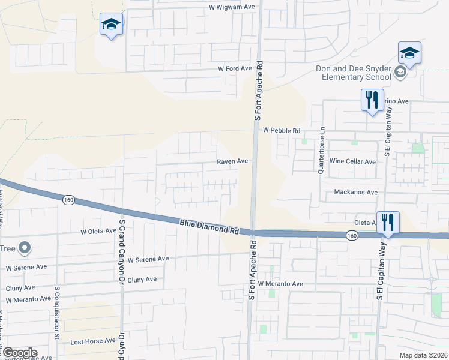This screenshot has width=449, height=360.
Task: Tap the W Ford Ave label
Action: tap(235, 68)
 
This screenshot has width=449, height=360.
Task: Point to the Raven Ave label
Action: tap(232, 161)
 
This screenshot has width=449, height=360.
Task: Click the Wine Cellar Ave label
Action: tap(352, 161)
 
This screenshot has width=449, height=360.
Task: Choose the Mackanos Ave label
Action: tap(356, 192)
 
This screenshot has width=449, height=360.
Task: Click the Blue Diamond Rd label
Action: tap(209, 227)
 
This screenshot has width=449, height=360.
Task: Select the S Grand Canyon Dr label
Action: tap(121, 251)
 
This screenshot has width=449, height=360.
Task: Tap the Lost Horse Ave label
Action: tap(93, 340)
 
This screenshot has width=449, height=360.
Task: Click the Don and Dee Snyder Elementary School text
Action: tap(354, 73)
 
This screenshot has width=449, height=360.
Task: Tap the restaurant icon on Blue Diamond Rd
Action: tap(388, 223)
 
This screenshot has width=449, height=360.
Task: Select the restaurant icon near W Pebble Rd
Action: tap(372, 99)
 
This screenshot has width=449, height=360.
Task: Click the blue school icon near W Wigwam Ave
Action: tap(111, 24)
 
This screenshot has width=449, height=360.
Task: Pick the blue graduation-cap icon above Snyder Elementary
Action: tap(409, 53)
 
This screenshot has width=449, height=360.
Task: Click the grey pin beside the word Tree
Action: tap(25, 247)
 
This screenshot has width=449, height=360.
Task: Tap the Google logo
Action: tap(19, 353)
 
